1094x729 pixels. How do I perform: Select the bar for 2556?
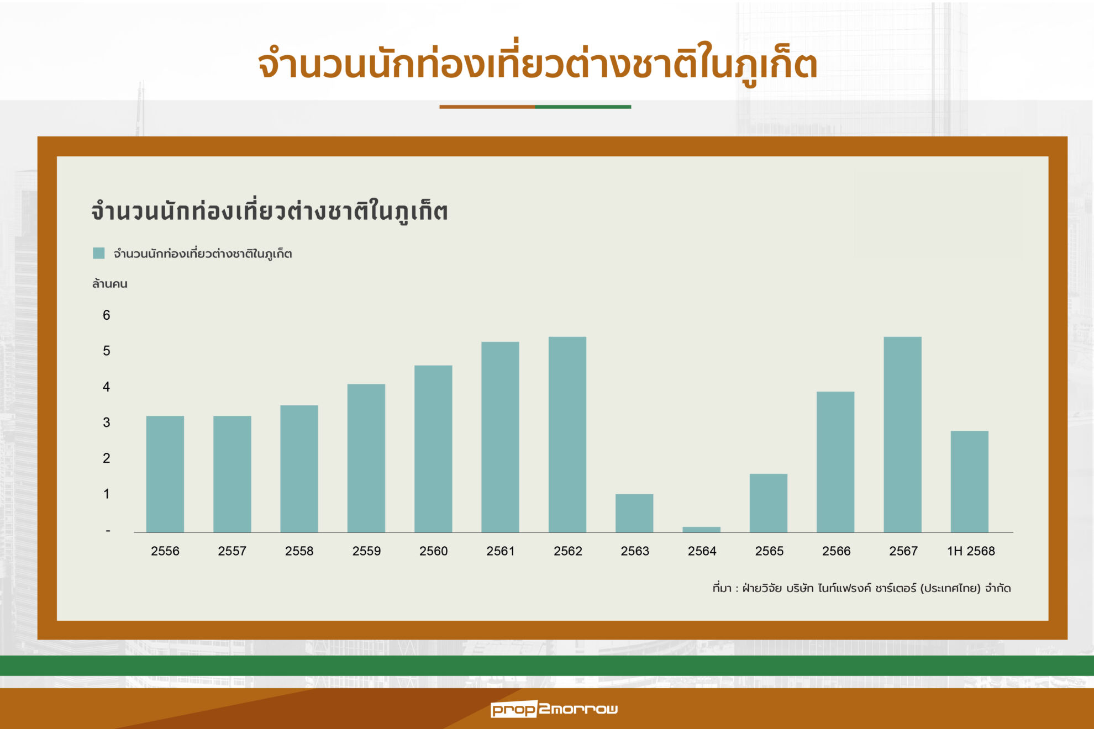pos(165,474)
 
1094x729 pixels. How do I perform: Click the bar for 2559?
pos(366,458)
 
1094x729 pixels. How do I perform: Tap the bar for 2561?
pos(500,437)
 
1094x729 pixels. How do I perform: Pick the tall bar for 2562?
pos(567,435)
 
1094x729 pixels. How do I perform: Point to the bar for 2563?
pos(634,513)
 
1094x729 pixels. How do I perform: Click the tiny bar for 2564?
pos(701,530)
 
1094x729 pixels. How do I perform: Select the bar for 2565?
pos(769,503)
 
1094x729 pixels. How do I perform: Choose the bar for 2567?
pos(902,435)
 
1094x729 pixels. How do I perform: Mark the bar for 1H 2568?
pos(970,482)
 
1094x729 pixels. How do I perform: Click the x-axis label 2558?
pos(299,551)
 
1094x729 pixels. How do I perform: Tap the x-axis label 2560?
pos(433,551)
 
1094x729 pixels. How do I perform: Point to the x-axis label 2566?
pos(836,551)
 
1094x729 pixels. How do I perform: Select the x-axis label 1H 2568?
pos(971,551)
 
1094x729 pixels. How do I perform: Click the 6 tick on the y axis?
pos(106,315)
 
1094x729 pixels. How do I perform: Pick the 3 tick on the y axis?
pos(106,422)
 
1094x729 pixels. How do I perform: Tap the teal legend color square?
pos(99,253)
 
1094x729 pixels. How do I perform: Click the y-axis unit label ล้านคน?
pos(109,284)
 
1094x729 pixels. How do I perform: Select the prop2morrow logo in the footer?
pos(554,709)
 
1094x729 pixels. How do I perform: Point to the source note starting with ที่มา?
pos(861,588)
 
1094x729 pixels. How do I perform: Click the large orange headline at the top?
pos(537,64)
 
